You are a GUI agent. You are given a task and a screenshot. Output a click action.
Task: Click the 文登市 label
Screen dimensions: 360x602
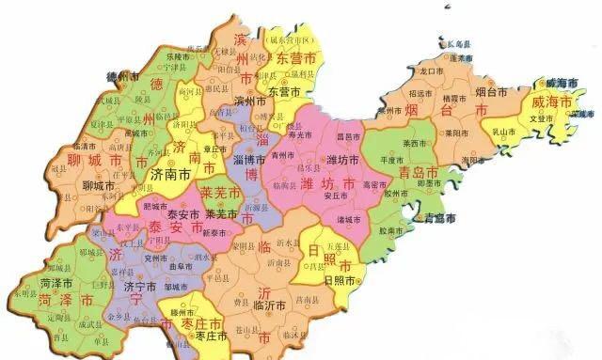[x=542, y=118]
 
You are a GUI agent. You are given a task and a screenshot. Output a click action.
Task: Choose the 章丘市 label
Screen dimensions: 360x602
[x=214, y=149]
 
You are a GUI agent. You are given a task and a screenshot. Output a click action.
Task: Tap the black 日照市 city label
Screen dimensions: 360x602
[x=338, y=280]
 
